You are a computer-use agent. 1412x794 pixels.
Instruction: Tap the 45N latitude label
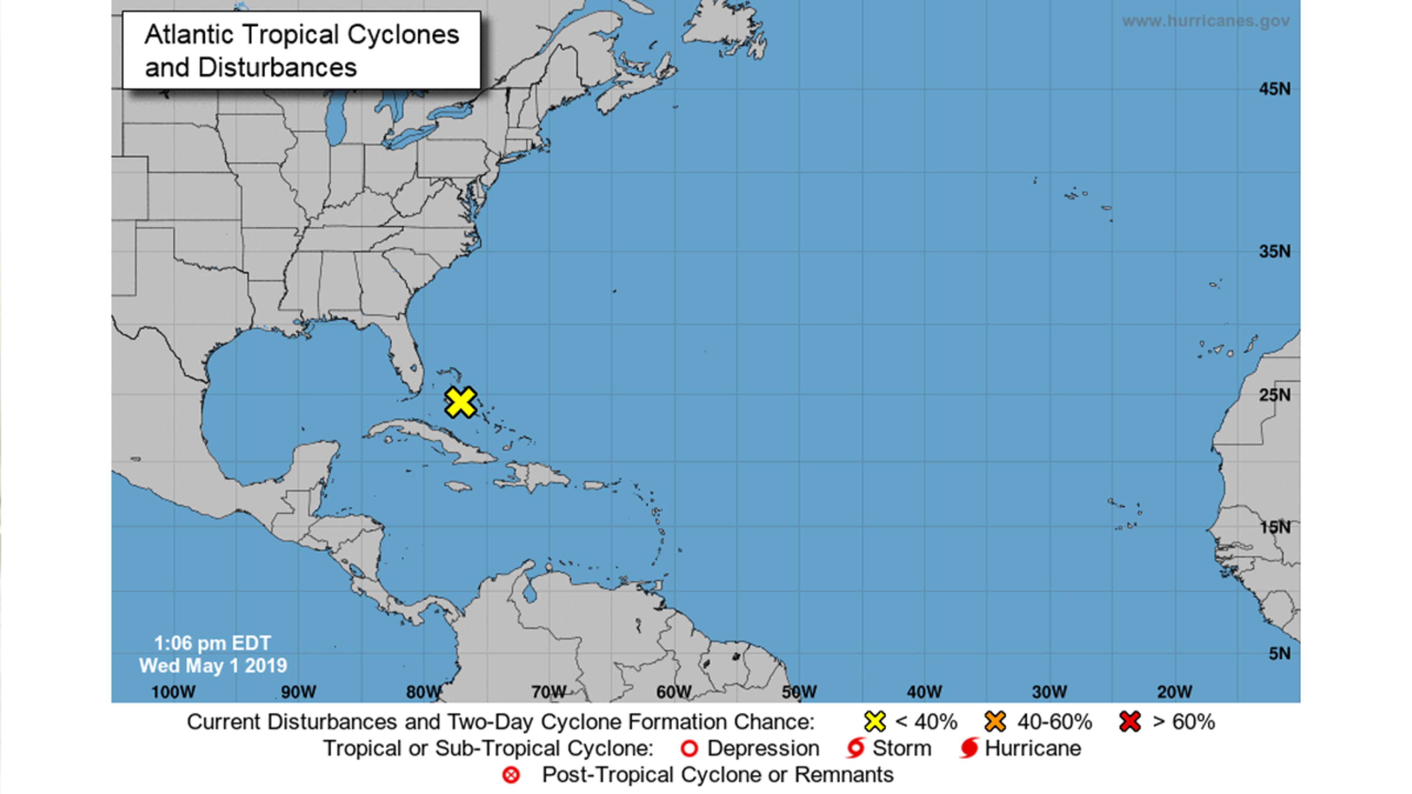coord(1274,89)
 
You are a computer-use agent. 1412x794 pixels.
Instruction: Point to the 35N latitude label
coord(1274,251)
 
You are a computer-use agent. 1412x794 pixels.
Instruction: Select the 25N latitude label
coord(1274,394)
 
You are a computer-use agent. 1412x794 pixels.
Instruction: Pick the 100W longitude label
coord(173,691)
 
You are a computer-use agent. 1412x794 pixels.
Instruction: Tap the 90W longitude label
coord(299,691)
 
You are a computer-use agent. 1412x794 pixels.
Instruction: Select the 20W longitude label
coord(1175,691)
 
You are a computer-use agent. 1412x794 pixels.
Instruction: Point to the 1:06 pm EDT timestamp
coord(212,643)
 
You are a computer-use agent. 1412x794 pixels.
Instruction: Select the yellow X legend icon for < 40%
coord(875,722)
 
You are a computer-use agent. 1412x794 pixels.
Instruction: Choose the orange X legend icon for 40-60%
coord(995,722)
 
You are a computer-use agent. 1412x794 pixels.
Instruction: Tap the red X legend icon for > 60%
coord(1130,722)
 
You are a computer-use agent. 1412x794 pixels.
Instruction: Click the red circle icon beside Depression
coord(689,748)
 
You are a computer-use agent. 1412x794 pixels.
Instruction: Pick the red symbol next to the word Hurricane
coord(969,748)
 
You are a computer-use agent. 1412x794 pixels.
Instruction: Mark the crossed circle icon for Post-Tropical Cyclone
coord(511,775)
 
